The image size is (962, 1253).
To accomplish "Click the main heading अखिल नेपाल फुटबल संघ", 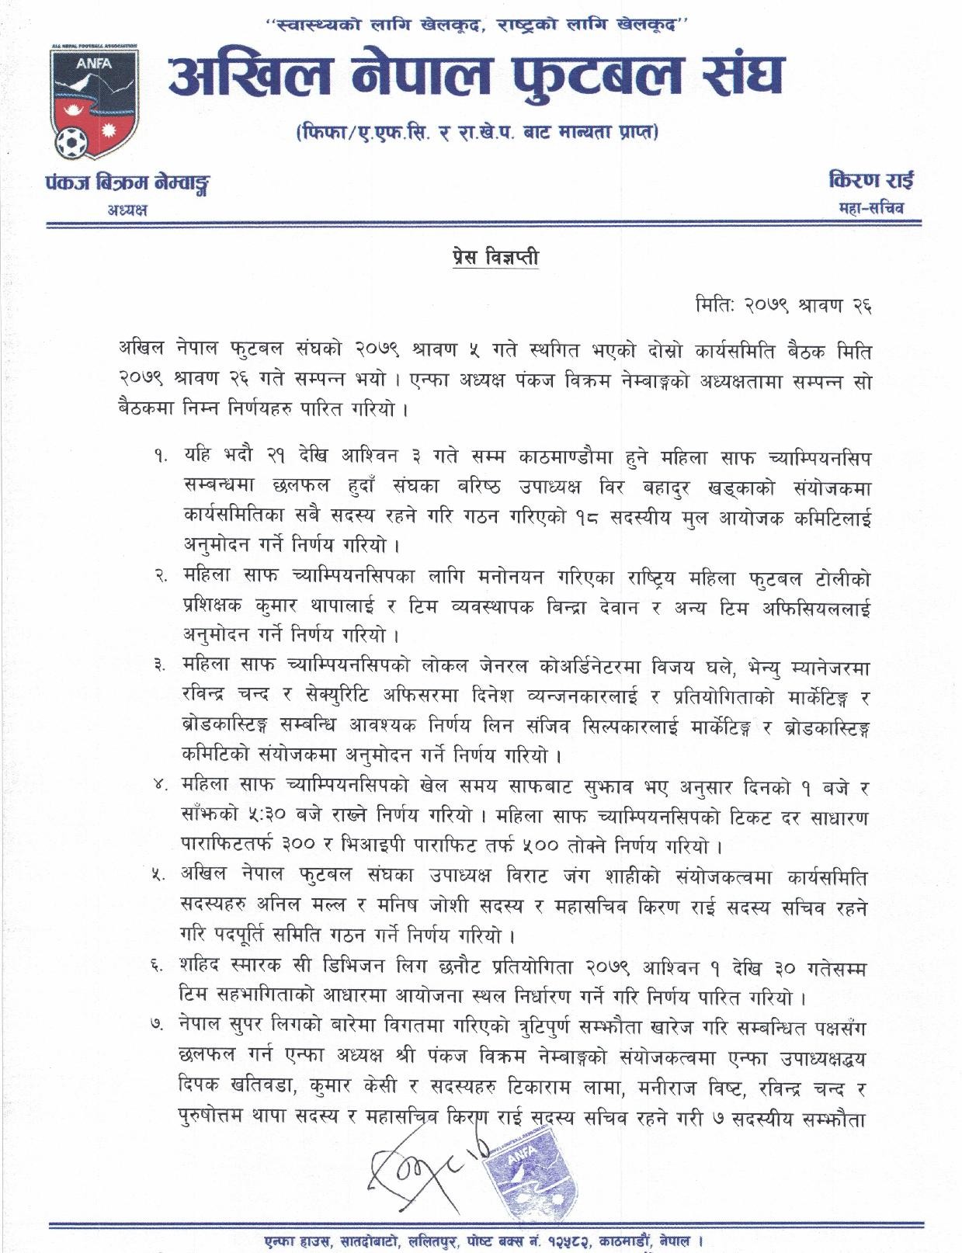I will [x=476, y=78].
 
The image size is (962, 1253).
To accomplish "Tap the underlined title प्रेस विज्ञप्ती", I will [x=495, y=256].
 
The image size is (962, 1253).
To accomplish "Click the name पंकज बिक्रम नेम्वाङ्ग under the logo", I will [x=128, y=185].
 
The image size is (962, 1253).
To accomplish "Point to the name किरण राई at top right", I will [x=871, y=182].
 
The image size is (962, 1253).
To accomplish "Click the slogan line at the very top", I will [x=478, y=26].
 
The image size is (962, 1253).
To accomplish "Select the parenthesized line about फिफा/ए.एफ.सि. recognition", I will [x=477, y=134].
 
